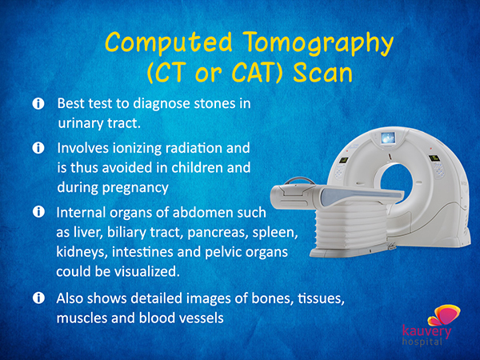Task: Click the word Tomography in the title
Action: pos(319,43)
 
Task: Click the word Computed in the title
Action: pos(168,43)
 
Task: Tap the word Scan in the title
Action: pos(322,73)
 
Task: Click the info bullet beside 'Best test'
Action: pos(38,104)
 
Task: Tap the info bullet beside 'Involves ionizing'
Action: pos(38,148)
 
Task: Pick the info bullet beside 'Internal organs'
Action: pos(38,212)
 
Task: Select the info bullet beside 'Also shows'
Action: pos(38,298)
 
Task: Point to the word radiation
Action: pos(194,148)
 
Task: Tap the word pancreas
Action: pos(218,233)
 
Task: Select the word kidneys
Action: pos(82,252)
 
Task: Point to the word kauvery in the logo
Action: pos(426,331)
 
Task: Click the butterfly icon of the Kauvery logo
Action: pos(444,315)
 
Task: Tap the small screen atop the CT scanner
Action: pos(388,138)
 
